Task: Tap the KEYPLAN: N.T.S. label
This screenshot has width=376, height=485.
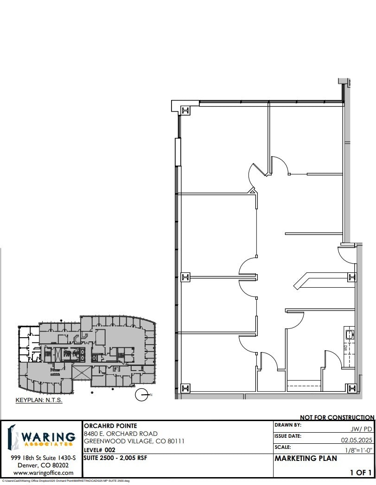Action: click(39, 400)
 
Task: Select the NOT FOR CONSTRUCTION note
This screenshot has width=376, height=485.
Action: click(337, 417)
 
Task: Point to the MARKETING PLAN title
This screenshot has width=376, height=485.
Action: click(306, 459)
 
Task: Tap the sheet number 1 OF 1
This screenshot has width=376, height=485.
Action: click(361, 472)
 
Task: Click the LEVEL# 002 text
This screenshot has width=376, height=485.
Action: click(99, 450)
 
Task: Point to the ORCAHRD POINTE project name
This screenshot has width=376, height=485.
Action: click(110, 425)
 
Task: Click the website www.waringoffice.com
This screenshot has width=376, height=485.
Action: click(43, 473)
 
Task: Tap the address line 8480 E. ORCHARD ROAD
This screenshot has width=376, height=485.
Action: click(121, 434)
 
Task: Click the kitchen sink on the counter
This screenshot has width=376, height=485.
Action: click(349, 334)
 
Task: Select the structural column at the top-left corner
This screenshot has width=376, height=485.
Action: click(185, 110)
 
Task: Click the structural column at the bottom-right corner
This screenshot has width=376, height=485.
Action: click(352, 388)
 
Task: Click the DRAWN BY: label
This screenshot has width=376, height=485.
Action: click(288, 425)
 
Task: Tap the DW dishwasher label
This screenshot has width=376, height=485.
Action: click(345, 347)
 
